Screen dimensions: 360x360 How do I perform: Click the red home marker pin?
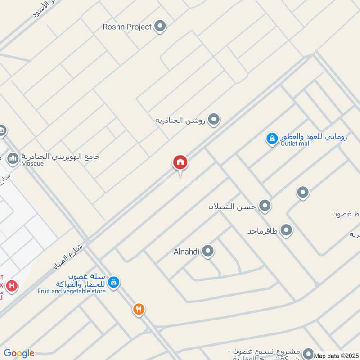pos(180,162)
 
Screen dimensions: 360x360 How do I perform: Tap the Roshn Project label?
pos(127,27)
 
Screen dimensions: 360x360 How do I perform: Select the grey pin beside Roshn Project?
pos(160,27)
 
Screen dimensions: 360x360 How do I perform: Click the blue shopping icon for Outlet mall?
pos(272,139)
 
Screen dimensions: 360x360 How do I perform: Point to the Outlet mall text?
pos(296,144)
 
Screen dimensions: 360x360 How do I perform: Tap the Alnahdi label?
pos(186,252)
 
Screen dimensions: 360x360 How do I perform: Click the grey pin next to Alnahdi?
pos(207,252)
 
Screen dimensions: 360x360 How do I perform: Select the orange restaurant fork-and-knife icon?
pos(139,309)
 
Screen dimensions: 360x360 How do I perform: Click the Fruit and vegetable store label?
pos(72,291)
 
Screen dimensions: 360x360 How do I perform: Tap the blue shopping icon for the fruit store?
pos(114,282)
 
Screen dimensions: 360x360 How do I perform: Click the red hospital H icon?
pos(12,285)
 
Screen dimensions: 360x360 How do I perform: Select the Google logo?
pos(19,353)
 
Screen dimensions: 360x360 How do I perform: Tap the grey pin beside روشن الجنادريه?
pos(214,120)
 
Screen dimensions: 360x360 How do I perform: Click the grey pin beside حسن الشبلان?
pos(265,206)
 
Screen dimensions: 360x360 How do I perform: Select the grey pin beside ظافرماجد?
pos(286,231)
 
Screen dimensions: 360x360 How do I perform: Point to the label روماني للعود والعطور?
pos(313,137)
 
